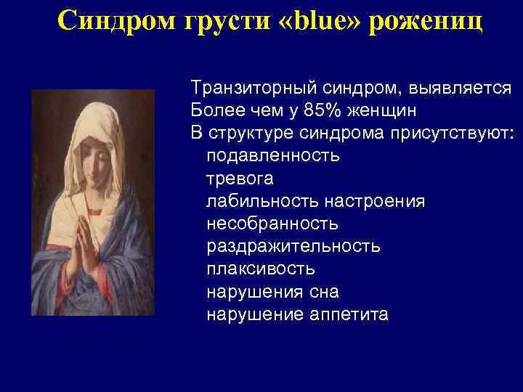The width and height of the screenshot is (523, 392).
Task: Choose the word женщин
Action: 381,111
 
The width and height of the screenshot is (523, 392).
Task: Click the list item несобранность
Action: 272,224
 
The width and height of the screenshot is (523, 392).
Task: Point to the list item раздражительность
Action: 293,246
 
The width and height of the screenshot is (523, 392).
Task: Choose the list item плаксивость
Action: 261,269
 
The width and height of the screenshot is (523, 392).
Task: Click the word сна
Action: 323,292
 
